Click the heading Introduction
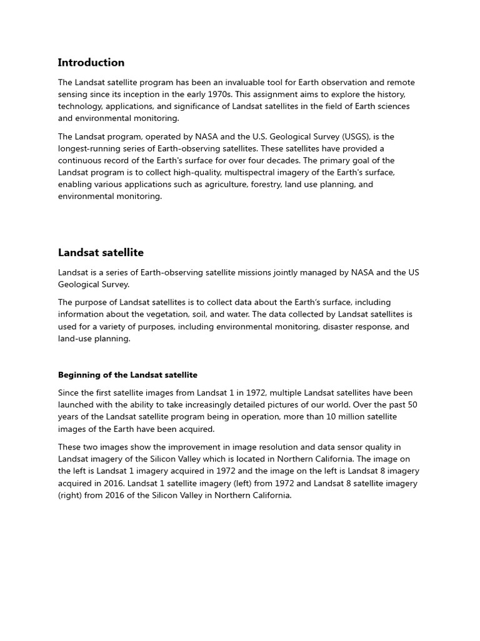point(91,63)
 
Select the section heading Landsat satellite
point(101,253)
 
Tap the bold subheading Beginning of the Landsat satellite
point(127,375)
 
